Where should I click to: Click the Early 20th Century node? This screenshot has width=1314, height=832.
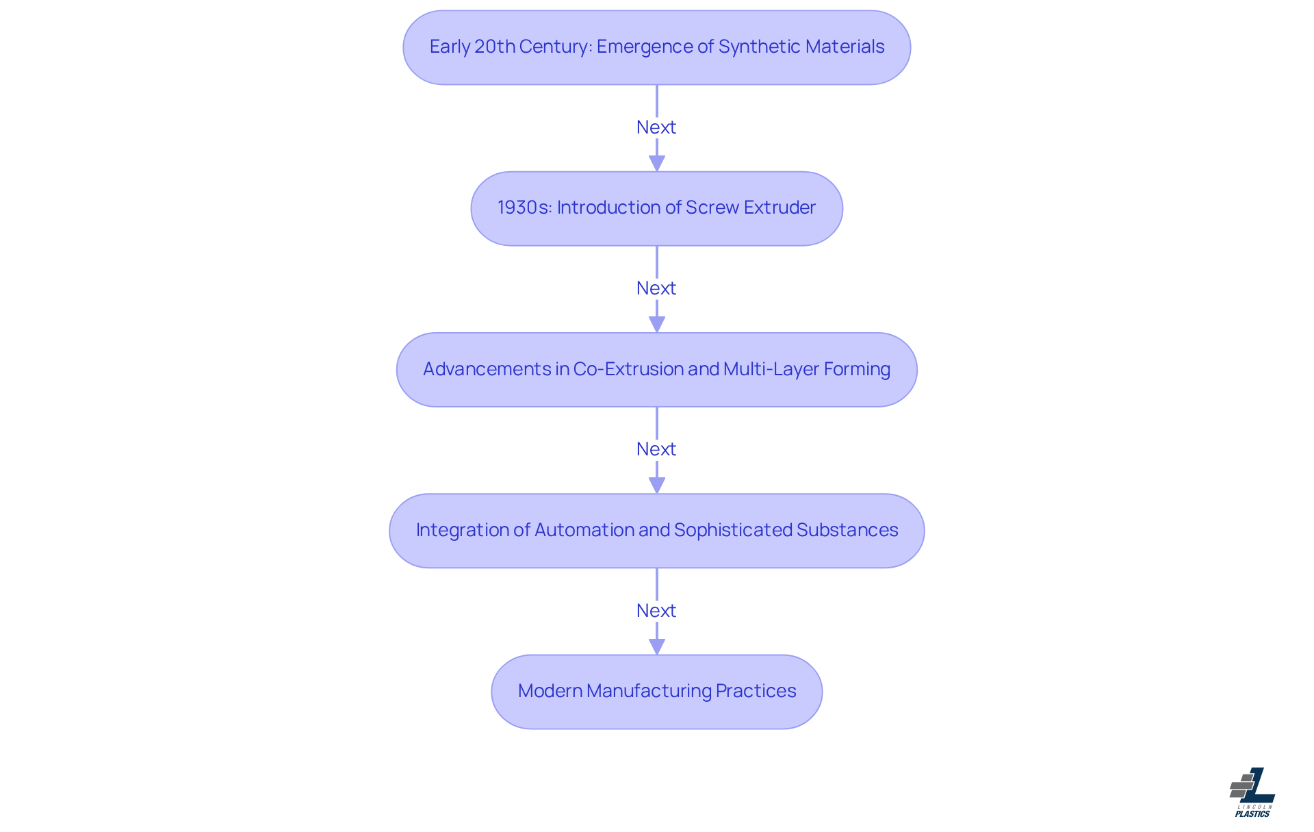click(x=657, y=47)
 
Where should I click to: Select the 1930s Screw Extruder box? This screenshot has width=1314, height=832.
click(x=657, y=209)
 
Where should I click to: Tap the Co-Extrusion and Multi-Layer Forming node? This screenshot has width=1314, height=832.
click(x=657, y=370)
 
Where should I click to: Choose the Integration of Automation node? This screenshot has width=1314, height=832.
click(x=657, y=531)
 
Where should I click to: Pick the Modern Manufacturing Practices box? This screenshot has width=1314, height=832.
click(x=657, y=692)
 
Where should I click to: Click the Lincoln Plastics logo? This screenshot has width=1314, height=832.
click(x=1252, y=792)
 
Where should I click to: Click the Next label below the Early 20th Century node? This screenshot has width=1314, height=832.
click(x=656, y=127)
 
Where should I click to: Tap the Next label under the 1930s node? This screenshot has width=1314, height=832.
click(x=656, y=288)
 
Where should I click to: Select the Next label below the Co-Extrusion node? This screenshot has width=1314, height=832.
click(x=656, y=449)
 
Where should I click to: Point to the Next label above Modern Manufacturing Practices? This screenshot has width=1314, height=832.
click(x=656, y=611)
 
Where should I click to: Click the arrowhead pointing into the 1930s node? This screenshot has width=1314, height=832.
click(x=657, y=164)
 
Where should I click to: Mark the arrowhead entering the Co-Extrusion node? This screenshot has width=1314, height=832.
click(x=657, y=325)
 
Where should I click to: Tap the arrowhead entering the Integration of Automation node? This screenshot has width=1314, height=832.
click(x=657, y=486)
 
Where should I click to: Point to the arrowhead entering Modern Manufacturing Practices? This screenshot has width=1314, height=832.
click(x=657, y=646)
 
